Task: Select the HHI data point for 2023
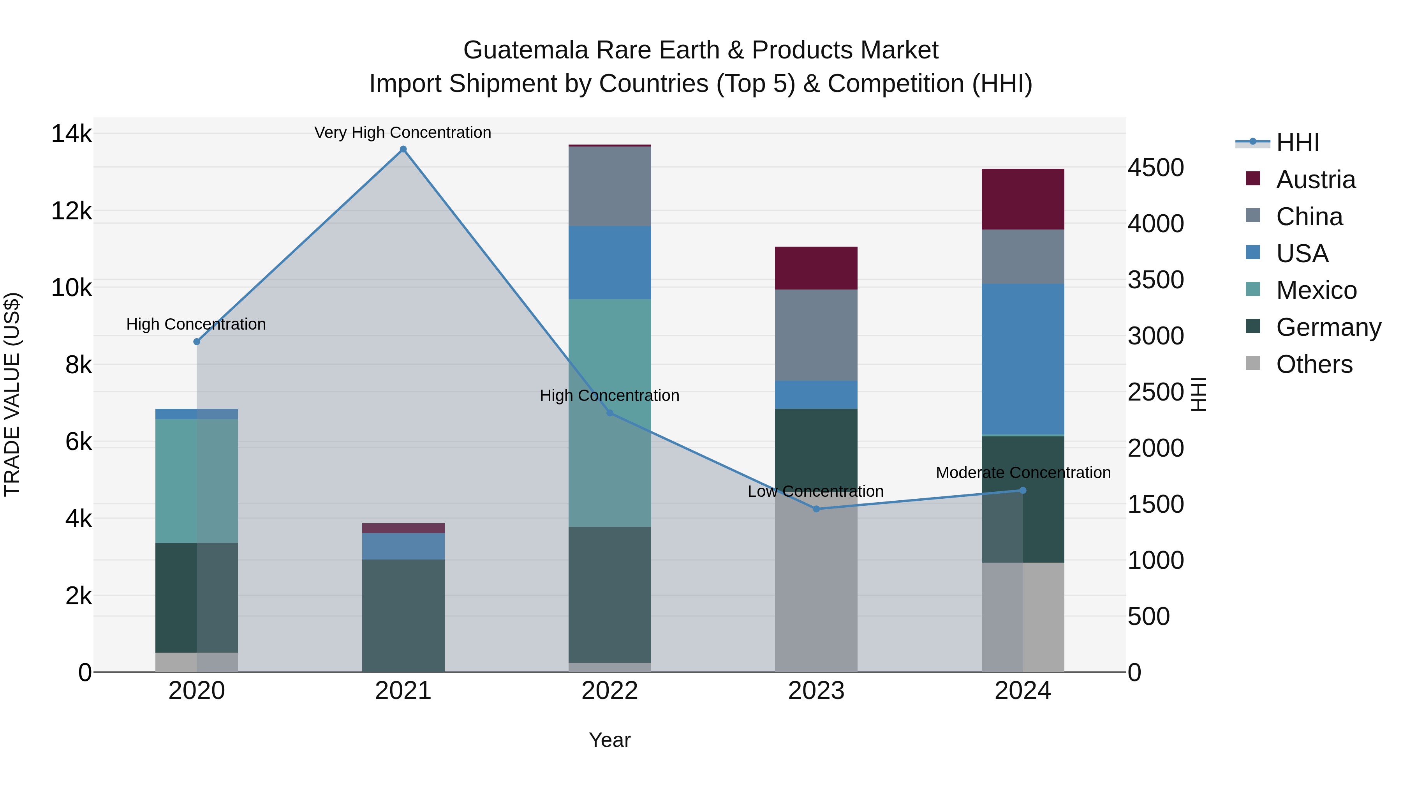(x=816, y=509)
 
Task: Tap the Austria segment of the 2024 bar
(x=1023, y=199)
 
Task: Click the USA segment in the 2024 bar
(x=1023, y=359)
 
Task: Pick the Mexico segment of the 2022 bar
(x=609, y=412)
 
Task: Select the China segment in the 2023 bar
(x=816, y=335)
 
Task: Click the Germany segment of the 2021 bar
(x=403, y=615)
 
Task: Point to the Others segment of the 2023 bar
(x=816, y=588)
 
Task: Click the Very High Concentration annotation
(x=403, y=133)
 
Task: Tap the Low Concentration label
(x=815, y=492)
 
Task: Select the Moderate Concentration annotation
(x=1023, y=473)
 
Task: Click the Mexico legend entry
(x=1316, y=290)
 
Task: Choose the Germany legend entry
(x=1328, y=327)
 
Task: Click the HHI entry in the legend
(x=1298, y=143)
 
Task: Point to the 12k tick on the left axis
(x=71, y=211)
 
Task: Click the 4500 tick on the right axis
(x=1155, y=168)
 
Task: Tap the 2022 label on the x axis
(x=609, y=691)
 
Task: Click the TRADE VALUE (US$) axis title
(x=12, y=394)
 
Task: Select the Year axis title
(x=609, y=740)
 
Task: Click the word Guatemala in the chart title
(x=526, y=50)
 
